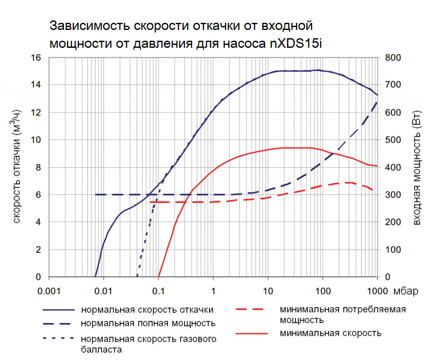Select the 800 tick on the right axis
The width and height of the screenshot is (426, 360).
click(392, 57)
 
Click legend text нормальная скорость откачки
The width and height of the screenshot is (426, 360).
click(148, 310)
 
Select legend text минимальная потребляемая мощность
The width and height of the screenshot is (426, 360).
click(342, 315)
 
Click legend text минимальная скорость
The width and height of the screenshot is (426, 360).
click(330, 333)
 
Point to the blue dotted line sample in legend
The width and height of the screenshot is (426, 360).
click(58, 338)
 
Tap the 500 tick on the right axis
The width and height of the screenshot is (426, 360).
click(392, 140)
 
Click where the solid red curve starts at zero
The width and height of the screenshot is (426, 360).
click(159, 276)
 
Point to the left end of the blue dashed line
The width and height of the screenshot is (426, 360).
click(96, 195)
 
